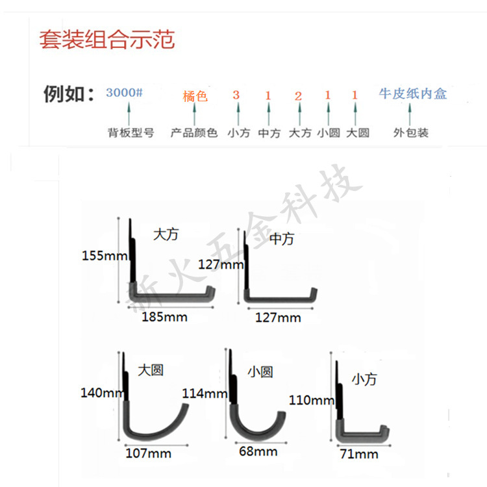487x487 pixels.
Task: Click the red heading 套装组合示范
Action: [x=106, y=40]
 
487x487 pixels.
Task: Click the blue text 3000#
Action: [x=124, y=92]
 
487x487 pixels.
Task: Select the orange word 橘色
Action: [x=195, y=97]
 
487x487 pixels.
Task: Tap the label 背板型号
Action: [x=131, y=133]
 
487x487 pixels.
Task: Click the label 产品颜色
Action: [x=194, y=133]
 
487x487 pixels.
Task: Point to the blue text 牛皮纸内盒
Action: [x=413, y=94]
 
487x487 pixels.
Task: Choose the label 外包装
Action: [x=410, y=133]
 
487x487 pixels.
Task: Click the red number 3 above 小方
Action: [x=236, y=95]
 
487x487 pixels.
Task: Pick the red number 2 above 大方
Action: [x=299, y=97]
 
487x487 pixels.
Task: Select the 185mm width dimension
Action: [x=165, y=317]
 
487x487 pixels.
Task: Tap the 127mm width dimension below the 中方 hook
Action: [x=278, y=318]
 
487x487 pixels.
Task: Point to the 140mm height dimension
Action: [x=103, y=392]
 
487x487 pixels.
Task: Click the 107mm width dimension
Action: [x=149, y=453]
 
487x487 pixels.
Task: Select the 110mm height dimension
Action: [x=312, y=400]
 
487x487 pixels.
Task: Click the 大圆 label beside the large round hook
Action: [x=151, y=370]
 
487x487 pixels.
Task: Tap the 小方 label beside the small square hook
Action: [x=364, y=379]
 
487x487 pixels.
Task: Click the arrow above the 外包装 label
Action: [x=410, y=115]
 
